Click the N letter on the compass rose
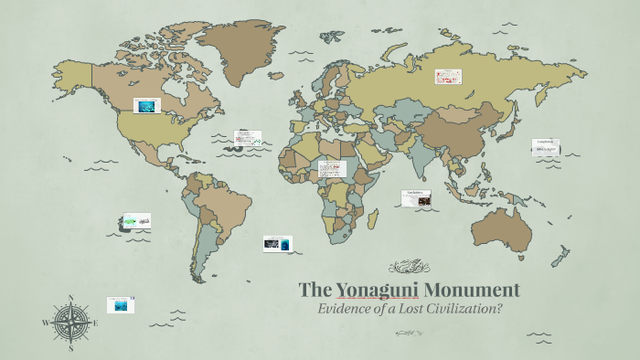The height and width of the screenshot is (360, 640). click(70, 298)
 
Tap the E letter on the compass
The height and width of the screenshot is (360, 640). click(96, 323)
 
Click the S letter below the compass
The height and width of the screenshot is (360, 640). click(70, 347)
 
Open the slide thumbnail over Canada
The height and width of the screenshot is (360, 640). click(146, 106)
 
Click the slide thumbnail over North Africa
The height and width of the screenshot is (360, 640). click(332, 169)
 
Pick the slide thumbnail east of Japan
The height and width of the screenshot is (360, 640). click(546, 147)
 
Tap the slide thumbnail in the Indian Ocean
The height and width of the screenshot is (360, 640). click(416, 196)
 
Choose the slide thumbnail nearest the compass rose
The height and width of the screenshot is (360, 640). click(120, 304)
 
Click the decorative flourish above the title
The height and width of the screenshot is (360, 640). click(409, 268)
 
